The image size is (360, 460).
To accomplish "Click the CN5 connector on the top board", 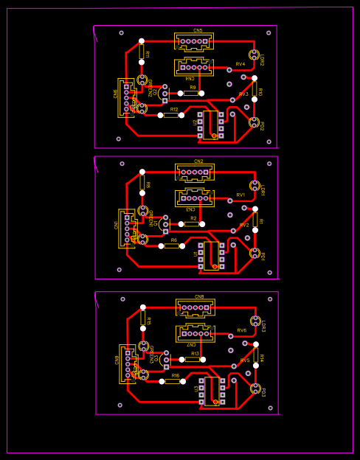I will click(x=194, y=41).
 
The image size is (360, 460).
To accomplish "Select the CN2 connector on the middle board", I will click(x=195, y=172).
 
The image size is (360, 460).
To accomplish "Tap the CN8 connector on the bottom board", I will click(x=195, y=307).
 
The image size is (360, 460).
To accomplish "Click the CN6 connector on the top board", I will click(x=125, y=97).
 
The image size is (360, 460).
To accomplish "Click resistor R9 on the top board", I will click(x=191, y=94).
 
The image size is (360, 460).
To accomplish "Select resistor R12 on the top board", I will click(x=171, y=115).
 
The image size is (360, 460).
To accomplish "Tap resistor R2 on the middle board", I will click(x=192, y=224).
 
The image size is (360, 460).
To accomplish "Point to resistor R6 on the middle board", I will click(x=172, y=245).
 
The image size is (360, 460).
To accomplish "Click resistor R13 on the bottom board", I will click(x=193, y=360).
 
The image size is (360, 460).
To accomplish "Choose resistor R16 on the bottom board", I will click(x=173, y=381).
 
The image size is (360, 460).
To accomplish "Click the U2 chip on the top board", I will click(x=210, y=125).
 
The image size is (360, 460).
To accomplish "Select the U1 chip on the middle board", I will click(x=211, y=255).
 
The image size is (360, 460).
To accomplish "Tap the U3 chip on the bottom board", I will click(x=212, y=391).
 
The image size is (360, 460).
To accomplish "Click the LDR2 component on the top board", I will click(x=255, y=55).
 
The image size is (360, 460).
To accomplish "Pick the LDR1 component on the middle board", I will click(x=255, y=186).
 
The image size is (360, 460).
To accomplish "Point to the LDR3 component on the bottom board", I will click(x=256, y=321).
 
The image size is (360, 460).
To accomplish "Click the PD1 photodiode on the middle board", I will click(x=255, y=253).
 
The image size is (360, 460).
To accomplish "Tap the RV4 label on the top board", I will click(x=240, y=64).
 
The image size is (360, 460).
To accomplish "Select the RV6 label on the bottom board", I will click(x=242, y=330).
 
